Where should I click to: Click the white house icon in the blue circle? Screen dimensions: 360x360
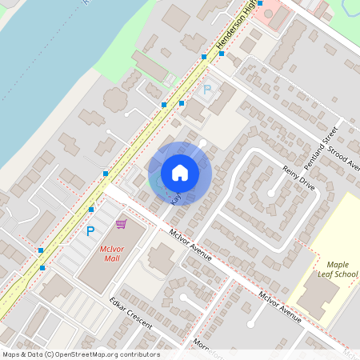tap(180, 173)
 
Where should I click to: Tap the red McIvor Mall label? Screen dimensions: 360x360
tap(112, 254)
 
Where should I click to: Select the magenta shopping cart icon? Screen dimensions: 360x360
tap(121, 224)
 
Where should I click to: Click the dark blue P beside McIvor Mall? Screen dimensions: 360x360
tap(90, 231)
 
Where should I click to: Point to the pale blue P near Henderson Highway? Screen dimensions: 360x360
tap(207, 90)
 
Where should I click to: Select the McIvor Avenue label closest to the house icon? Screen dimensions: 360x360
tap(190, 246)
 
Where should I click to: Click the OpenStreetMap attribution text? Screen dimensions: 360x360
tap(81, 354)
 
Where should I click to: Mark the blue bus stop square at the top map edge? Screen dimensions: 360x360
tap(259, 4)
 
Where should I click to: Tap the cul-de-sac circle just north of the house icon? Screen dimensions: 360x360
tap(202, 143)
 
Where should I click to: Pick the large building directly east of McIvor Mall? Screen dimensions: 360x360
tap(162, 258)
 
